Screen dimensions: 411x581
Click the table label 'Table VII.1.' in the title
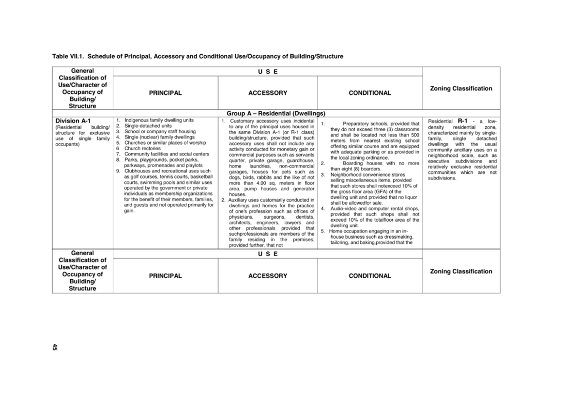[68, 57]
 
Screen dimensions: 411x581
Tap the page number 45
[55, 347]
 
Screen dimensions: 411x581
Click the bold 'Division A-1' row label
[72, 121]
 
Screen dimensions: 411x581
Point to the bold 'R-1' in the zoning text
[462, 120]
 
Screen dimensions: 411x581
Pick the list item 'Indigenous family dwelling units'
[153, 119]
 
